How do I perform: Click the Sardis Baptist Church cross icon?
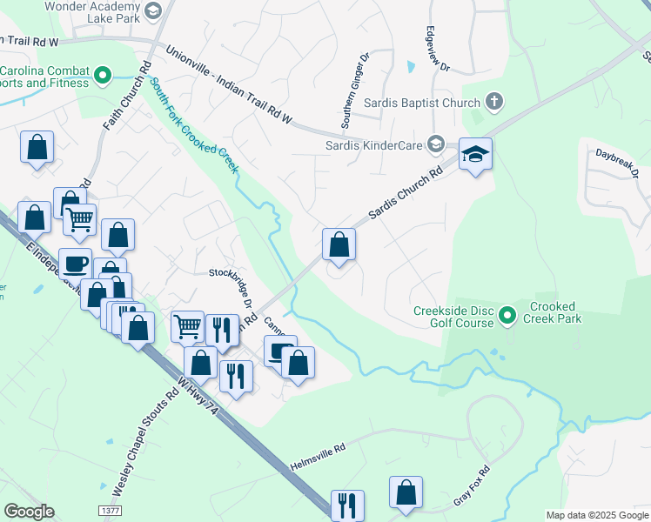[x=493, y=103]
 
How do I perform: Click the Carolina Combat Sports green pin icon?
[x=103, y=76]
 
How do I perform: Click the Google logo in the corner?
[x=29, y=511]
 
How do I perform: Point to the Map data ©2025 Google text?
[x=596, y=515]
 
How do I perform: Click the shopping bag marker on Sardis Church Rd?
[x=339, y=244]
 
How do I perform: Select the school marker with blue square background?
[x=475, y=154]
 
